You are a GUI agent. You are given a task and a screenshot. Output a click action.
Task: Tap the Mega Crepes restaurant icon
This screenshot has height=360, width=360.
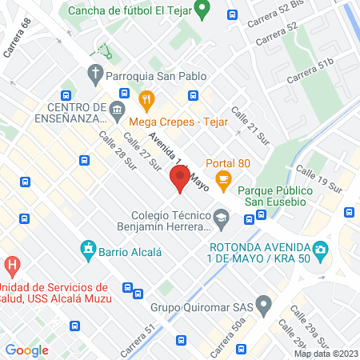point(146,101)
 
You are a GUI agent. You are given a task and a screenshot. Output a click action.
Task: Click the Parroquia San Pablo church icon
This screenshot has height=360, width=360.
point(94,77)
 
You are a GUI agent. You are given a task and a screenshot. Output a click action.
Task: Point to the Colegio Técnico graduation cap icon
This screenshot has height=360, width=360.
point(220,217)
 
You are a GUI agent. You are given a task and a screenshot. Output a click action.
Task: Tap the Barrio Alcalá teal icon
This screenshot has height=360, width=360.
point(88,251)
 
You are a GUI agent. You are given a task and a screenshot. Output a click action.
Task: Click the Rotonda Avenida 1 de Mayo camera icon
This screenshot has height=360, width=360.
point(320,250)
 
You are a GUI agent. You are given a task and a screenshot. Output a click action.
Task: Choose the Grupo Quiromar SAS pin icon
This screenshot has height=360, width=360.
point(265,304)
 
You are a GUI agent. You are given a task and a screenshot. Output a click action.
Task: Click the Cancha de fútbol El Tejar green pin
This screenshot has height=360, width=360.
point(203,11)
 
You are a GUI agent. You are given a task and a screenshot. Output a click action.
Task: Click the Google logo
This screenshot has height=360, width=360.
point(26,350)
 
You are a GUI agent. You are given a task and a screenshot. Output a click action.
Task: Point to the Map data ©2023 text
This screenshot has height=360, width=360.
point(326,354)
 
